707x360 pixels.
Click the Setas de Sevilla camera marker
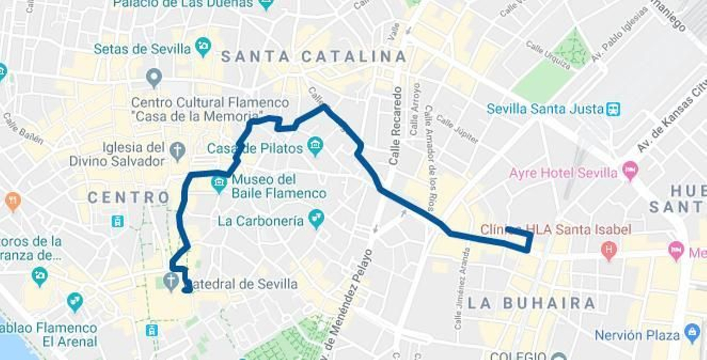click(x=203, y=47)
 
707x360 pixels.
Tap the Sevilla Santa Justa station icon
click(x=613, y=109)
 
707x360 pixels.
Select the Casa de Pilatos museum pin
click(x=315, y=146)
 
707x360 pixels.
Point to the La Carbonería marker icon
click(x=316, y=219)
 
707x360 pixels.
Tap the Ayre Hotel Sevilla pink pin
click(x=630, y=171)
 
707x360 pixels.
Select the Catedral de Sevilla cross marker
click(x=171, y=280)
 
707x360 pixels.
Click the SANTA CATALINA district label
click(x=314, y=57)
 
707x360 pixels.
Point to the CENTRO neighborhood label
click(x=129, y=197)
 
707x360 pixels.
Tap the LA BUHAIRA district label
click(x=532, y=303)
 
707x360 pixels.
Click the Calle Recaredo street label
click(x=395, y=126)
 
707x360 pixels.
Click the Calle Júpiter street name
click(x=457, y=129)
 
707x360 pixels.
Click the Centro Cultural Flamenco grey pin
click(x=154, y=78)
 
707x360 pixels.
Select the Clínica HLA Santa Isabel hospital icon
click(x=608, y=250)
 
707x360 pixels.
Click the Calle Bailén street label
click(x=23, y=129)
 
